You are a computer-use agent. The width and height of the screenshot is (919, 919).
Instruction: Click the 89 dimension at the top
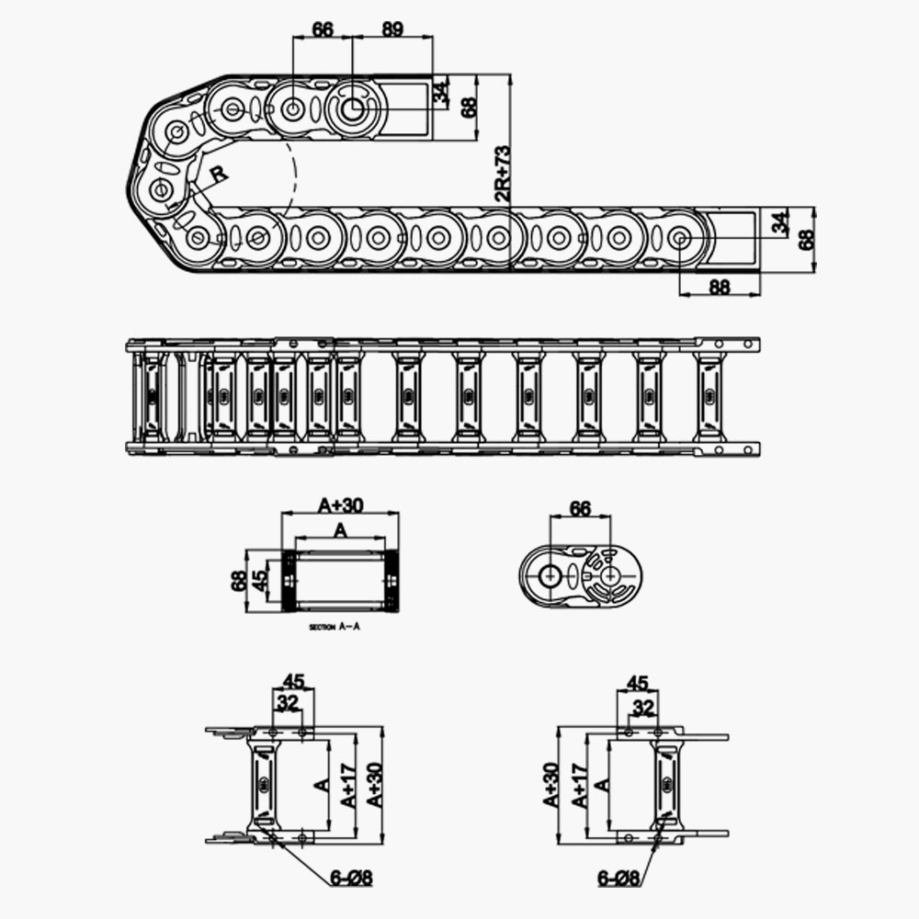[x=392, y=28]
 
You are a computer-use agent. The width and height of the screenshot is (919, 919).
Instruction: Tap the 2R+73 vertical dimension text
[x=502, y=174]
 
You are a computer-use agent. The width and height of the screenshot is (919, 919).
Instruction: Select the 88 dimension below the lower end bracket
[x=719, y=287]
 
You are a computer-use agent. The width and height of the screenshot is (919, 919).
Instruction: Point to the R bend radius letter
[x=218, y=173]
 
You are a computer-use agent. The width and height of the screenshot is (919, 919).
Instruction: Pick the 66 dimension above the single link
[x=580, y=508]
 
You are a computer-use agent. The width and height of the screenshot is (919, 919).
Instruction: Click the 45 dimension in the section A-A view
[x=260, y=580]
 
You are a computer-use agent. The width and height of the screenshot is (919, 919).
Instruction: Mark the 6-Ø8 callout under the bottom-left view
[x=351, y=878]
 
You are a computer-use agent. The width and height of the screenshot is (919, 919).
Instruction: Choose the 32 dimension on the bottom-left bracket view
[x=288, y=703]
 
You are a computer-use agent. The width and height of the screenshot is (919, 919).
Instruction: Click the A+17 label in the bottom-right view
[x=578, y=786]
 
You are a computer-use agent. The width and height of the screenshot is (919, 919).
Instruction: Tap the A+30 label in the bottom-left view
[x=374, y=786]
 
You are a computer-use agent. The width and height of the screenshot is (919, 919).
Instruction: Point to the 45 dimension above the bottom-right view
[x=637, y=683]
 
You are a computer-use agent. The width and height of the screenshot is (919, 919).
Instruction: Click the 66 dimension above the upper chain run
[x=323, y=28]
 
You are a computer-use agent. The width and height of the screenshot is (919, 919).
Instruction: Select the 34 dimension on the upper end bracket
[x=442, y=92]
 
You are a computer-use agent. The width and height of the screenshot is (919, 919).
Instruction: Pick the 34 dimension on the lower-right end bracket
[x=780, y=223]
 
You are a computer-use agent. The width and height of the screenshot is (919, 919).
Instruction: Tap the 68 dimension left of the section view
[x=239, y=581]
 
